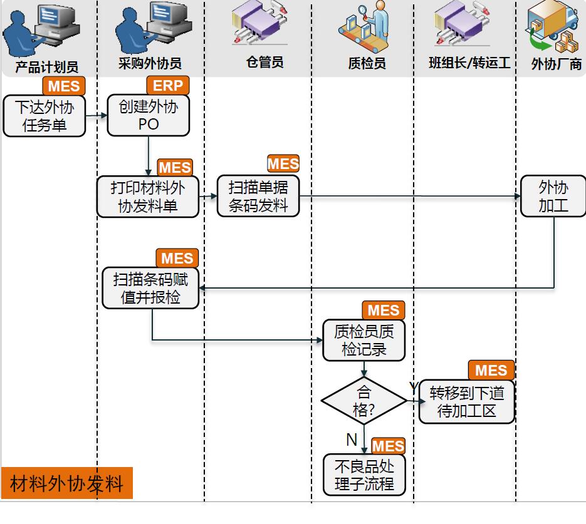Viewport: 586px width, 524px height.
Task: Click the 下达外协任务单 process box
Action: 44,116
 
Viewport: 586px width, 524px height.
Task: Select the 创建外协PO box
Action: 149,115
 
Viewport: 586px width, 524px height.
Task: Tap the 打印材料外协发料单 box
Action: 148,197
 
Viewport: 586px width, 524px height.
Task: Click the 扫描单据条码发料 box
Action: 258,196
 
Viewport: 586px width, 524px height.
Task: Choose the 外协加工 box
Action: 553,196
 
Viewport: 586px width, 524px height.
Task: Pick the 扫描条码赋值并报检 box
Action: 150,288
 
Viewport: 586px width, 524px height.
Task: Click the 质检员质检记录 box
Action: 364,341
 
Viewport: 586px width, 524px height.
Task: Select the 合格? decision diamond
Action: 364,401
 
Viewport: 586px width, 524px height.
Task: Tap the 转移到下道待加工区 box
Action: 467,402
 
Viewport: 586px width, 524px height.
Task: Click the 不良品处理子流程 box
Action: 364,475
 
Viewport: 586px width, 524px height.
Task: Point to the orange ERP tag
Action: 167,86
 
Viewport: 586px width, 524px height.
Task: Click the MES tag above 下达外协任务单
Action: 63,86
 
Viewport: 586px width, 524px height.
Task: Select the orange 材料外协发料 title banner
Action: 67,483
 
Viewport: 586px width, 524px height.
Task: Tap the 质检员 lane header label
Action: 367,63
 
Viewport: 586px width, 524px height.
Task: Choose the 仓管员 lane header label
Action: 265,62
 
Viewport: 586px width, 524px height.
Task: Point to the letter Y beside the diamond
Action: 414,388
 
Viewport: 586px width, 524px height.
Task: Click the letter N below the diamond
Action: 352,440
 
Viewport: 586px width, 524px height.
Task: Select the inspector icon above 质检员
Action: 365,26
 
